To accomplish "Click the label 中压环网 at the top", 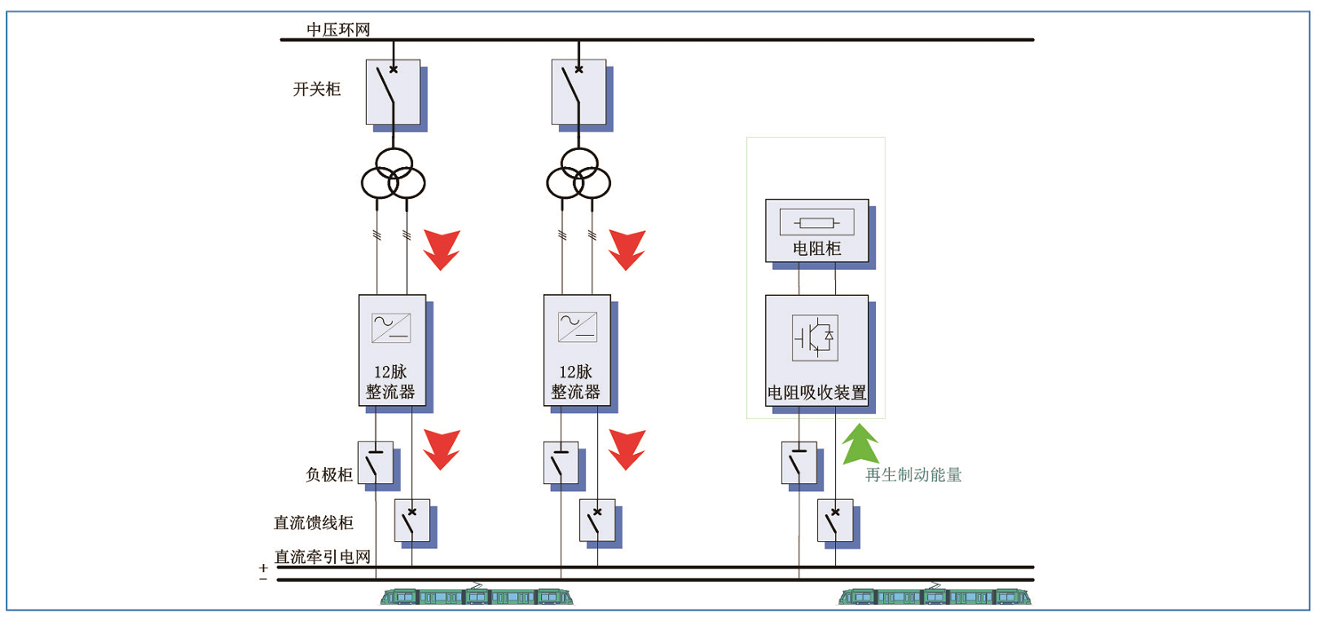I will click(x=338, y=29).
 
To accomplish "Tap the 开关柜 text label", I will click(x=317, y=89).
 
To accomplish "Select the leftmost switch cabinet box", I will click(x=393, y=92).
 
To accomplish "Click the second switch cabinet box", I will click(x=579, y=92).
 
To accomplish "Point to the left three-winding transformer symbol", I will click(x=394, y=174).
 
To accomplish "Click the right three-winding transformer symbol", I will click(x=579, y=174).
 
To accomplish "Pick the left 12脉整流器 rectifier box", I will click(x=392, y=350).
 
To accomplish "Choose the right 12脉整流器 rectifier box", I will click(x=577, y=350).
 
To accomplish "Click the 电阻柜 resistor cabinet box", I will click(x=816, y=231).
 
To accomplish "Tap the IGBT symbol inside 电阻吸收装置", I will click(x=815, y=337).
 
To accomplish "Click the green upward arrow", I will click(x=860, y=445).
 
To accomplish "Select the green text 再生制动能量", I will click(x=913, y=475).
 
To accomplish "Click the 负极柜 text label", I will click(x=329, y=474).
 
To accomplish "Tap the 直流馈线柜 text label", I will click(x=314, y=522).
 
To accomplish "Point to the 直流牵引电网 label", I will click(x=323, y=557).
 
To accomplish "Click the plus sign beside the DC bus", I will click(x=263, y=567).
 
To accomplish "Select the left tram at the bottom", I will click(x=477, y=596).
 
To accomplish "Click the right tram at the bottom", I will click(x=935, y=596).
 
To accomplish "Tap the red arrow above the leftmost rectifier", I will click(x=442, y=249).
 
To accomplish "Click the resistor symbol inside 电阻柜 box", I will click(x=816, y=222).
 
